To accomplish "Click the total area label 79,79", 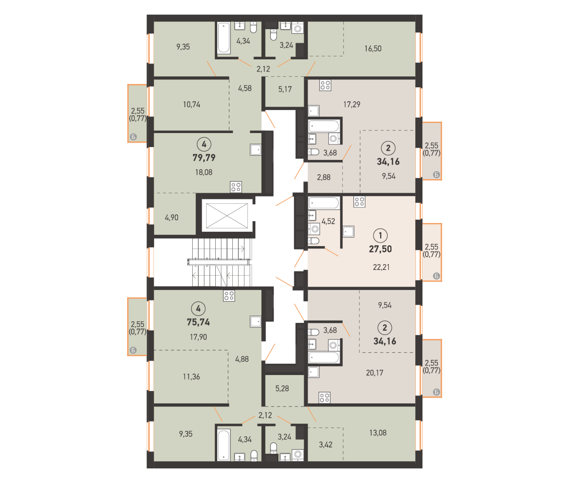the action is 204,158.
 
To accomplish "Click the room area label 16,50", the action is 373,49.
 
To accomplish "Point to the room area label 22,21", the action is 381,267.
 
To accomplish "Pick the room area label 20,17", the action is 374,373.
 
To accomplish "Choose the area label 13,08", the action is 378,433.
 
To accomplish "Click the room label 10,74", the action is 191,105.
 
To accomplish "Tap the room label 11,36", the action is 191,377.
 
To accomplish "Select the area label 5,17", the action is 285,89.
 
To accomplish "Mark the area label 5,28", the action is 282,388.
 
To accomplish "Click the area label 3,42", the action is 326,445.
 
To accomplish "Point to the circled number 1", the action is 380,236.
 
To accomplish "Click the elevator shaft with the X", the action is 227,216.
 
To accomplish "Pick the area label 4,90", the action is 171,218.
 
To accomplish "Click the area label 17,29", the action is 352,105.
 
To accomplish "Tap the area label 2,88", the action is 323,177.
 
